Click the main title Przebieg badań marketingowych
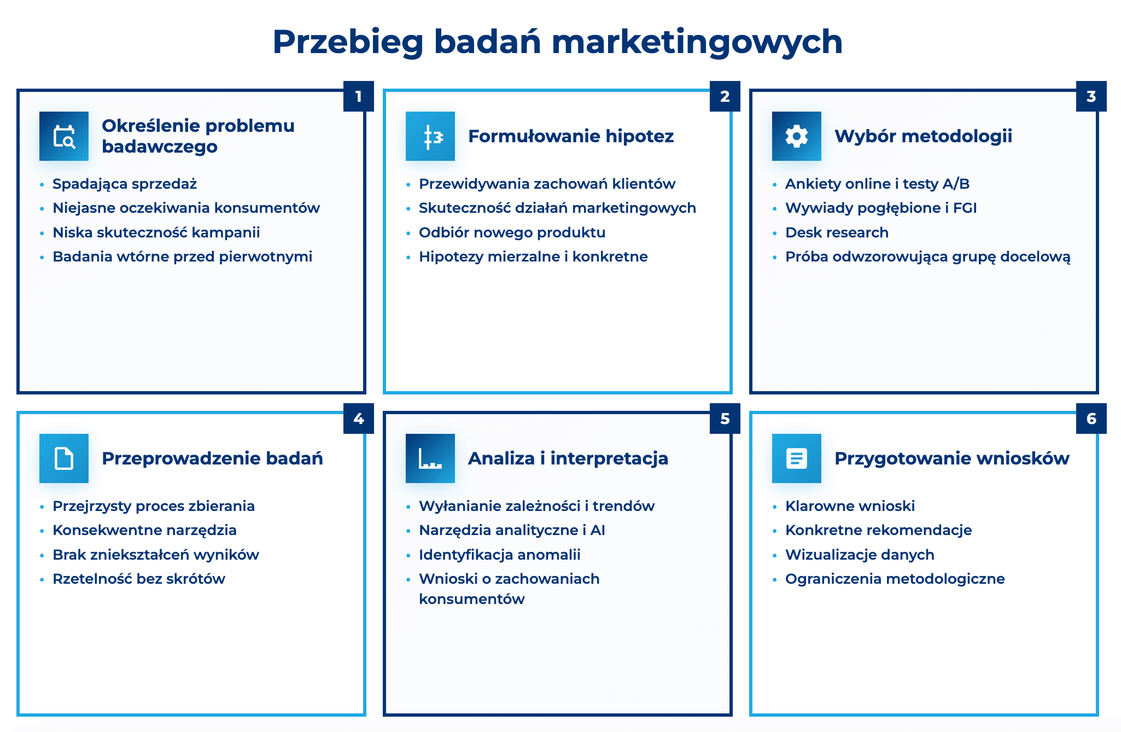pos(557,42)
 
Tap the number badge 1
pos(358,96)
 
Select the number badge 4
pos(358,419)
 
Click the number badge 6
pos(1091,419)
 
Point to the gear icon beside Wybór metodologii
pos(796,136)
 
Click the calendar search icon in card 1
pos(64,136)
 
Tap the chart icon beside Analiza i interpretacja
pos(430,458)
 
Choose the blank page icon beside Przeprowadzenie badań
pos(64,458)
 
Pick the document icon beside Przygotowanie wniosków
pos(796,458)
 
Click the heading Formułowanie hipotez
pos(571,136)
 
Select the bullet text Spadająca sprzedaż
pos(125,184)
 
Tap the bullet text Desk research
pos(837,233)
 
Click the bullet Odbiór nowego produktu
pos(512,233)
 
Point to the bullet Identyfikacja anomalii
pos(499,555)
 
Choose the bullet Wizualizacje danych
pos(860,555)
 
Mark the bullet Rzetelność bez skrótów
pos(139,579)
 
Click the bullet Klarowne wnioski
pos(850,506)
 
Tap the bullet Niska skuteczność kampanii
pos(156,233)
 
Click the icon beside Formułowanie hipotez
pos(430,136)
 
